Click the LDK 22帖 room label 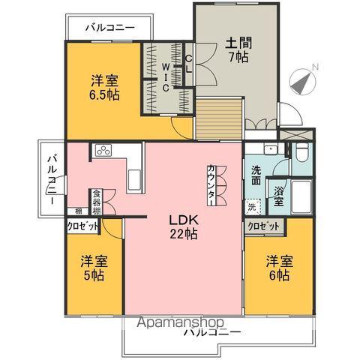(182, 227)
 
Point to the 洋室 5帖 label (93, 268)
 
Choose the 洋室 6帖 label (277, 268)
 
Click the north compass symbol (304, 79)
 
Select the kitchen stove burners (103, 151)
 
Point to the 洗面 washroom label (256, 175)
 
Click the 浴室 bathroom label (278, 196)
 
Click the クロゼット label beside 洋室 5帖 (81, 226)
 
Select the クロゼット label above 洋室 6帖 (263, 226)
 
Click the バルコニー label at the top (109, 28)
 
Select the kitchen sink (135, 180)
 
